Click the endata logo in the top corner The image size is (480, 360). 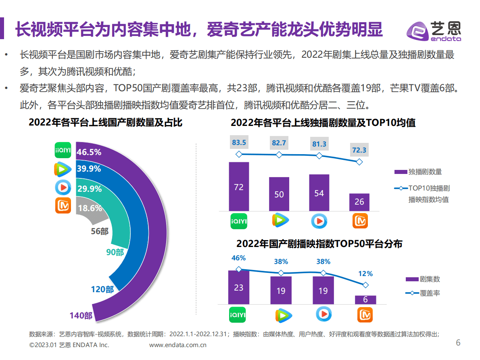[433, 31]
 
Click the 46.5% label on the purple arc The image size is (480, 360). [89, 152]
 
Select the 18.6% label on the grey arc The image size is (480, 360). [90, 208]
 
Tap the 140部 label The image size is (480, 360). [81, 316]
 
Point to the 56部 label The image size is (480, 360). [100, 231]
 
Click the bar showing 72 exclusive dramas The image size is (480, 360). [239, 186]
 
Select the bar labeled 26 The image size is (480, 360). [359, 202]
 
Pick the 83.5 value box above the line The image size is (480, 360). [239, 142]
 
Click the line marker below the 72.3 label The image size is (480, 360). [359, 162]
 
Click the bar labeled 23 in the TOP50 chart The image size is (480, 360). [239, 287]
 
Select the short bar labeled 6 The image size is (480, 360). [365, 299]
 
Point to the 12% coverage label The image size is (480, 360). [365, 274]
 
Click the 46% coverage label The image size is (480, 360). [239, 258]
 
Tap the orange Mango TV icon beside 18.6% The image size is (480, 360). [63, 206]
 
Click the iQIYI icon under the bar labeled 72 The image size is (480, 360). [239, 221]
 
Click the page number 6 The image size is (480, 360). [458, 343]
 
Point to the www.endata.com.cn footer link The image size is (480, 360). [178, 345]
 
